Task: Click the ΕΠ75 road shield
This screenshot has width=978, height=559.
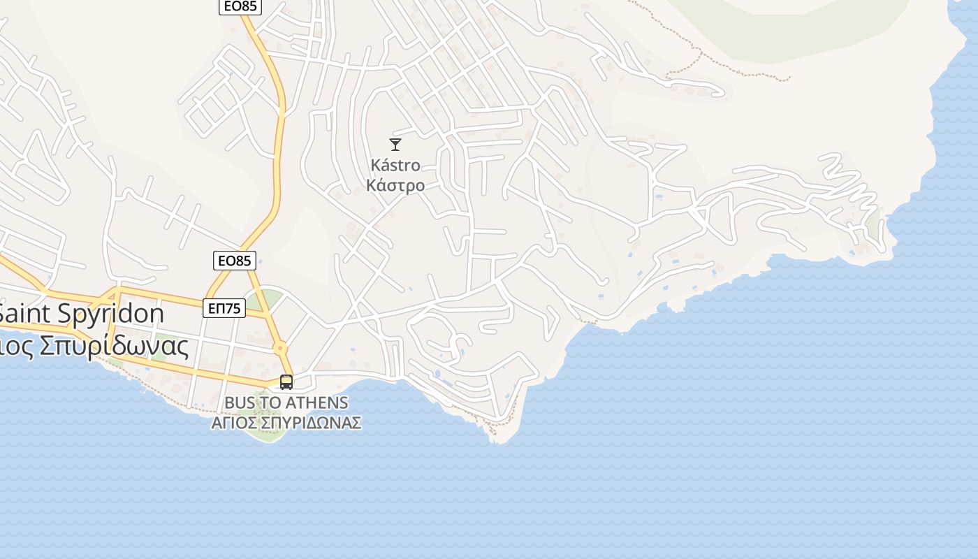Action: (x=224, y=308)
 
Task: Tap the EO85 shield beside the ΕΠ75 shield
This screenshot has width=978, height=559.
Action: (x=234, y=261)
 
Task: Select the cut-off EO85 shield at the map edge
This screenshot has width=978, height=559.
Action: (x=240, y=6)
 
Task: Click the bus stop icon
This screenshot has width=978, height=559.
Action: (x=286, y=382)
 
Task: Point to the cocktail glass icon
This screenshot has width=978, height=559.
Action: (x=395, y=145)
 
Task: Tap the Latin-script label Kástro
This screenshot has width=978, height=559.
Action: (x=395, y=166)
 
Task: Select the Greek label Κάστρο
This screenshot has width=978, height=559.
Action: (x=395, y=186)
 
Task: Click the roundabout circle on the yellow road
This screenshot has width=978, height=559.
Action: (x=280, y=347)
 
